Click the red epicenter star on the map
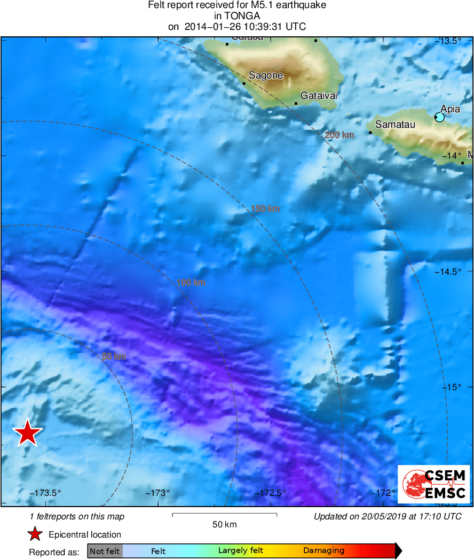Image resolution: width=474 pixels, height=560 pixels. pos(27,433)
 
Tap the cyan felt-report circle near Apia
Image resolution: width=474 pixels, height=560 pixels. pos(439,117)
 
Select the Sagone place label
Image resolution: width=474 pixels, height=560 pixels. pos(266,76)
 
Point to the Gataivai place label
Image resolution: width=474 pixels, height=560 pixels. pos(319,96)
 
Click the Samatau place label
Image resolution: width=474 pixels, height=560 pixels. pos(395,125)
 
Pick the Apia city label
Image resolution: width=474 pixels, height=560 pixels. pos(451,109)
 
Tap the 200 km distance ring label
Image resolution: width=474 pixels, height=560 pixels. pos(339,135)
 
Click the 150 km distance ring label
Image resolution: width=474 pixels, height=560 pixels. pos(265,209)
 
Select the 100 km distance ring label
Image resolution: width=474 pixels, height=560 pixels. pos(191,282)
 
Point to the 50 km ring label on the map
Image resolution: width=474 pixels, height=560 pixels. pos(114,356)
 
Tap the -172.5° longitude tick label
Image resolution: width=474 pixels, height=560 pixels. pos(273,493)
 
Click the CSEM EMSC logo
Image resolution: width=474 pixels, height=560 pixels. pos(434,484)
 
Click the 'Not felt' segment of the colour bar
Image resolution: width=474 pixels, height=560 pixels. pos(105,551)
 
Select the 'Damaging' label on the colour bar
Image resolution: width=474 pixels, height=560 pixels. pos(323,551)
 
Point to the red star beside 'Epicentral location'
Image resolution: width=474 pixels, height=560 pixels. pos(35,534)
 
